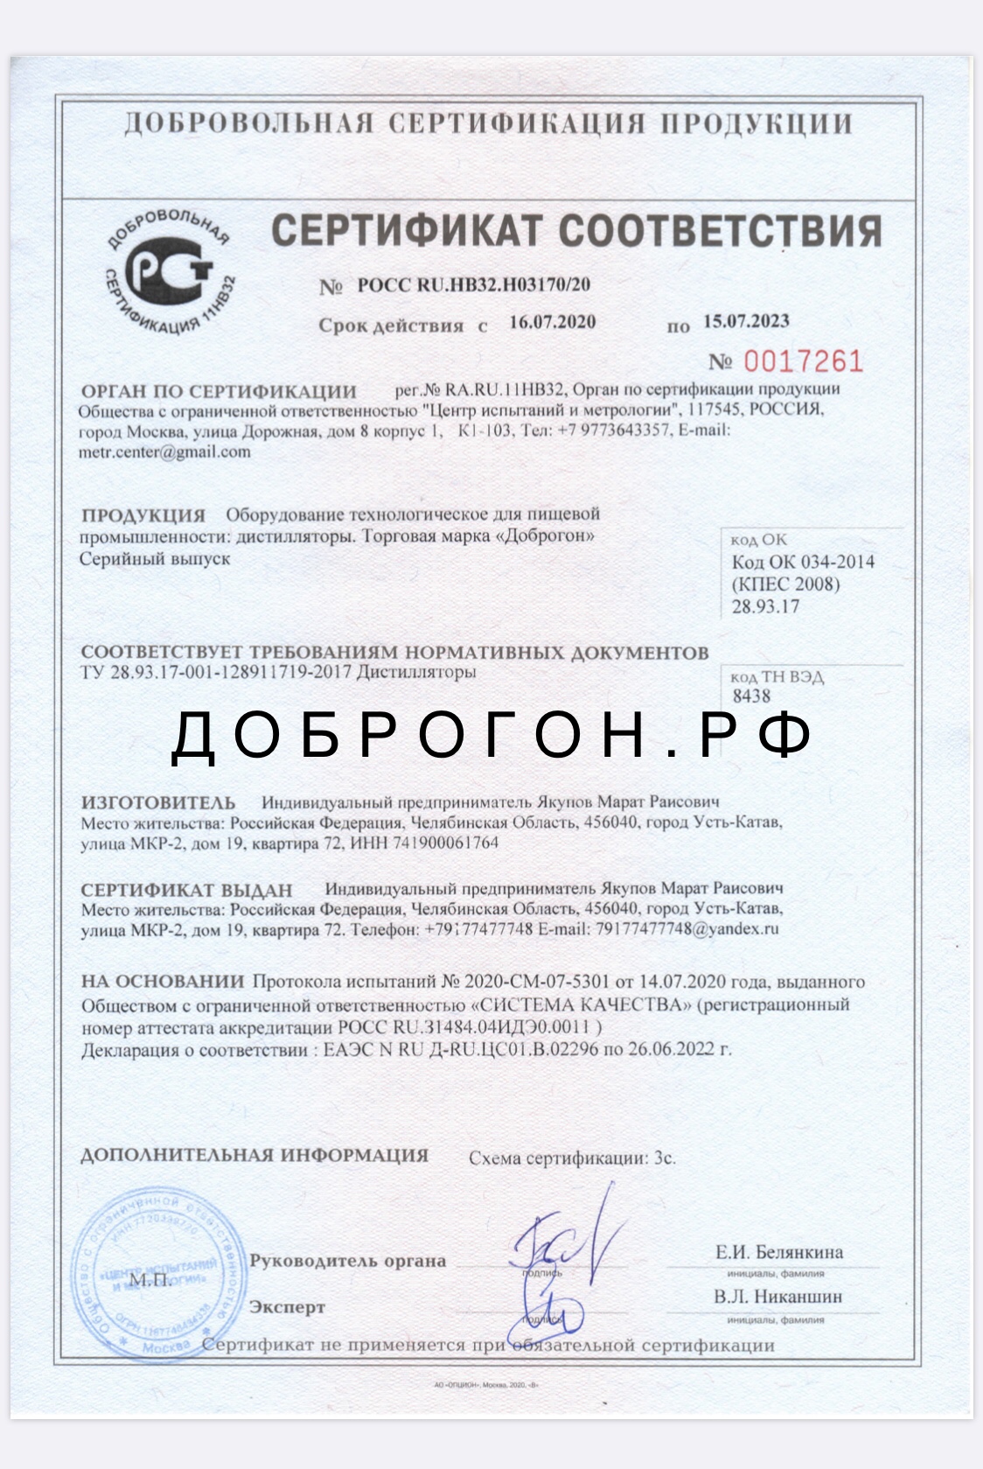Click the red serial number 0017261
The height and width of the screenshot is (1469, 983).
[803, 361]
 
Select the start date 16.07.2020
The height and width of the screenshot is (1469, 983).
[552, 322]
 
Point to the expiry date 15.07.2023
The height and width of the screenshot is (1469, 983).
[746, 321]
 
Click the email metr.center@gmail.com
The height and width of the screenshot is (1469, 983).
[164, 452]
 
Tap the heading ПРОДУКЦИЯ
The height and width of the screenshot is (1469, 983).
[143, 515]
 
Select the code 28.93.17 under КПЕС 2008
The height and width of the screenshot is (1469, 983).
[765, 607]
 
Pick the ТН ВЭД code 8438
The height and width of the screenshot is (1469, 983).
[751, 696]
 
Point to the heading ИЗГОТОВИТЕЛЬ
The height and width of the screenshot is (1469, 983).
[158, 802]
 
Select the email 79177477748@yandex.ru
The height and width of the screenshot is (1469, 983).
[687, 929]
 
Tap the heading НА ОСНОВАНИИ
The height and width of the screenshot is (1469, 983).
[163, 982]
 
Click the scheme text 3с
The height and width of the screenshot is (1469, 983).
[665, 1158]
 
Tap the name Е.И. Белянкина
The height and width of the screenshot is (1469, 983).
[779, 1252]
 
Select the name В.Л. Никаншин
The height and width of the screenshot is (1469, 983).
[777, 1297]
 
